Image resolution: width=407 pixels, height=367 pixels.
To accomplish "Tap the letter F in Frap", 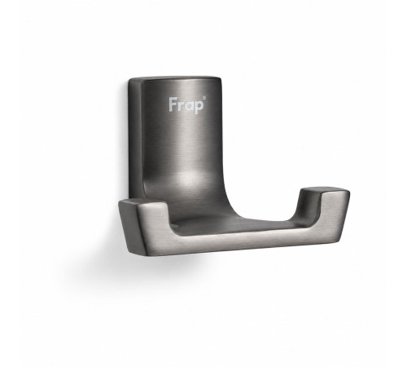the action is [x=173, y=104].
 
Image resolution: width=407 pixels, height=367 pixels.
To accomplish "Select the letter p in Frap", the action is [x=199, y=107].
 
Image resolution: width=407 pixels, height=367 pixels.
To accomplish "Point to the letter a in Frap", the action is [x=189, y=106].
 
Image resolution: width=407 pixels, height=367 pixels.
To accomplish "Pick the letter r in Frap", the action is [x=181, y=106].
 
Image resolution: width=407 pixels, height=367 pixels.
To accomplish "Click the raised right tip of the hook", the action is [x=324, y=190].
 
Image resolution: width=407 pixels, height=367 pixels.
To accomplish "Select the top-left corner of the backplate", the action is [x=129, y=79].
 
